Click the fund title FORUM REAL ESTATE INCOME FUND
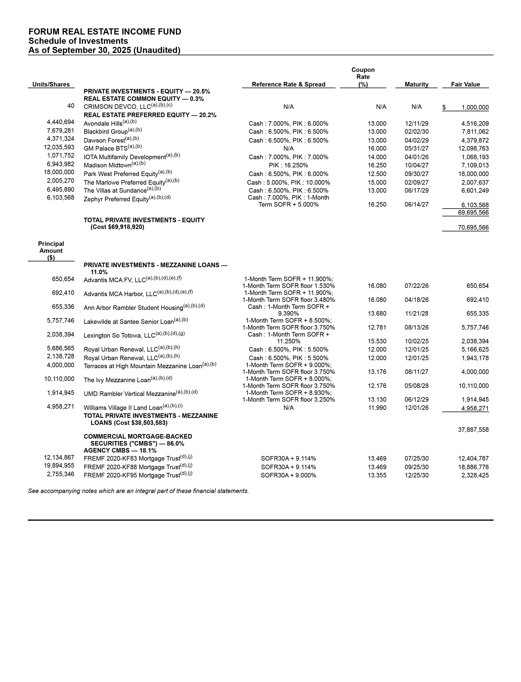[105, 32]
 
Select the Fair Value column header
[465, 84]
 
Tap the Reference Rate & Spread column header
[288, 84]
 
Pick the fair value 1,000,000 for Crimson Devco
[475, 108]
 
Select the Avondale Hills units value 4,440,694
[61, 122]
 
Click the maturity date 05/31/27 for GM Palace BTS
[417, 149]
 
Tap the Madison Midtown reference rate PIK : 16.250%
[288, 165]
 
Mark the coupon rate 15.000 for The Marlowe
[377, 182]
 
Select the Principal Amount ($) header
[51, 251]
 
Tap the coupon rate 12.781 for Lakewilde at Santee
[377, 327]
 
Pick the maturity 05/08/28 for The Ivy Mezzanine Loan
[417, 386]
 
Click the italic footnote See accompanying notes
[138, 491]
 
